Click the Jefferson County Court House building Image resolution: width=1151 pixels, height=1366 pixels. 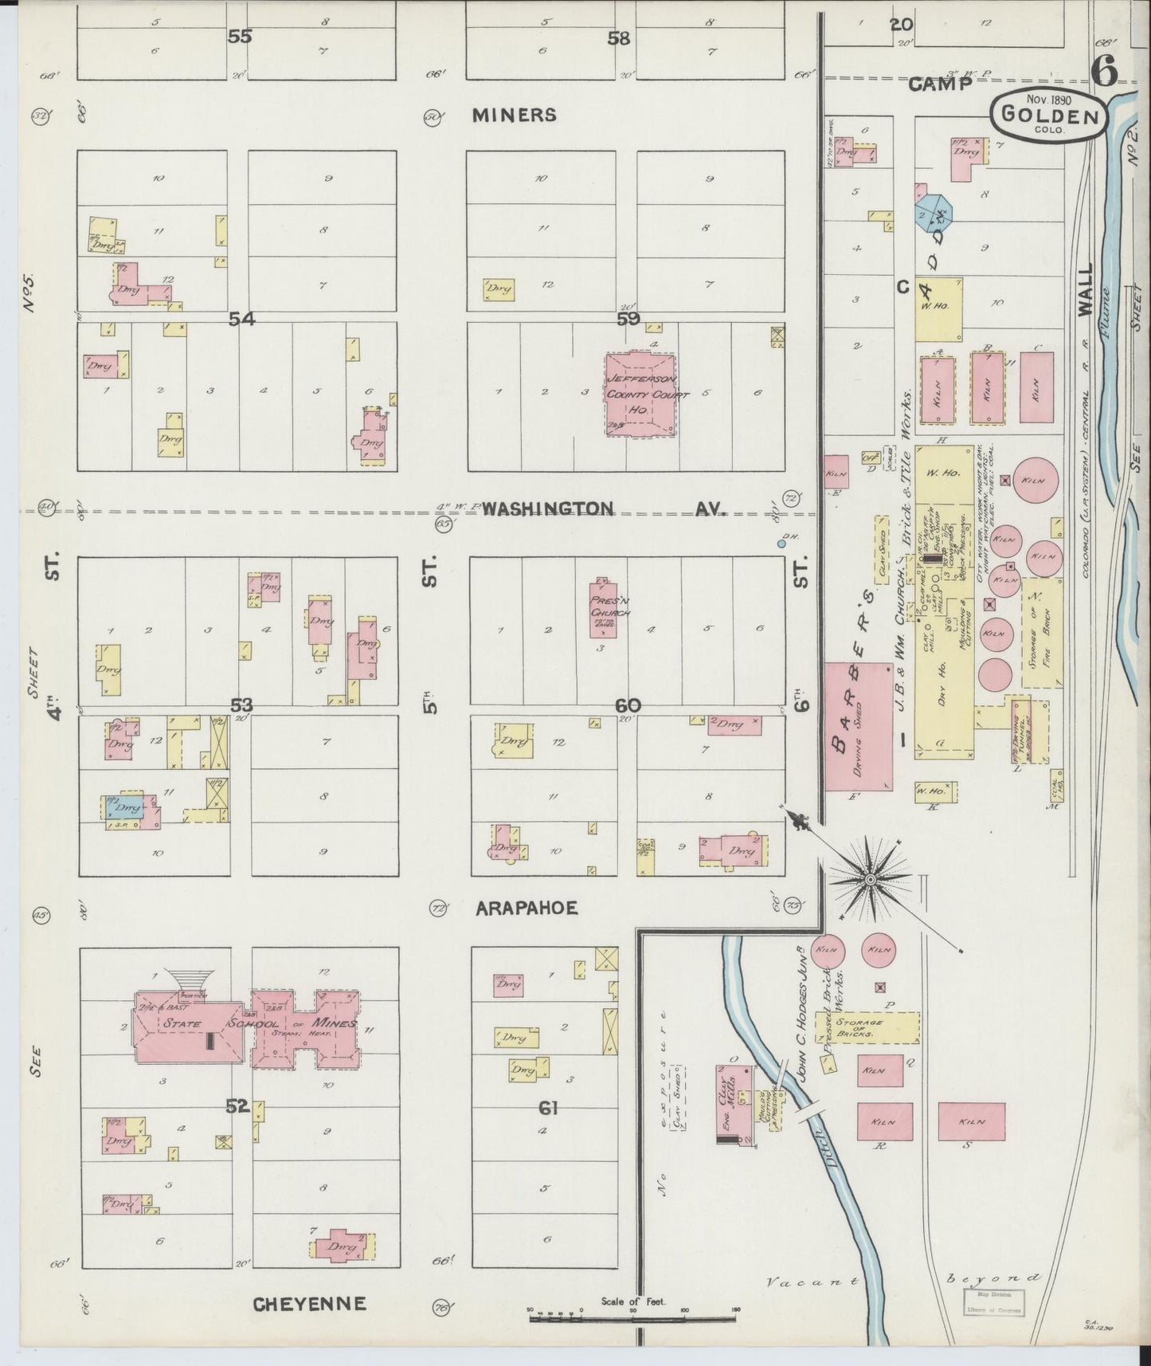click(641, 395)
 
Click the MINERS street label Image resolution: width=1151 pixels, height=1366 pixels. click(514, 116)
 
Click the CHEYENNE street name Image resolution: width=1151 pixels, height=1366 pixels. click(309, 1304)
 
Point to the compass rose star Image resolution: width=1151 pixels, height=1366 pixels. click(870, 879)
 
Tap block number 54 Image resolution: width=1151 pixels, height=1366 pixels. click(242, 320)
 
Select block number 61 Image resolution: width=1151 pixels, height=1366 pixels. click(548, 1108)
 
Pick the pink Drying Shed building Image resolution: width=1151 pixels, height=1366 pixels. click(857, 725)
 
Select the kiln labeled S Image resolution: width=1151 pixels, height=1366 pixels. click(970, 1121)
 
